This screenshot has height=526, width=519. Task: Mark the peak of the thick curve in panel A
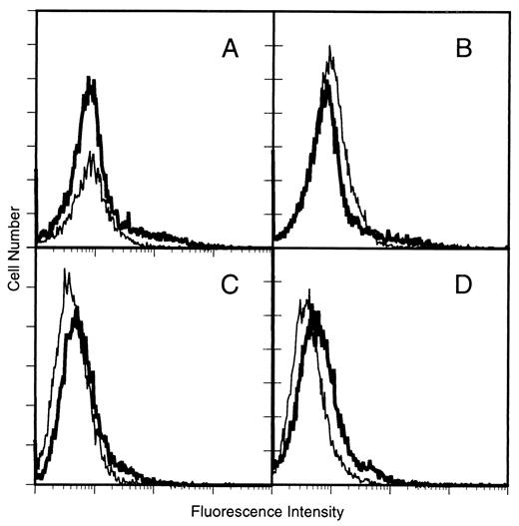[91, 78]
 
